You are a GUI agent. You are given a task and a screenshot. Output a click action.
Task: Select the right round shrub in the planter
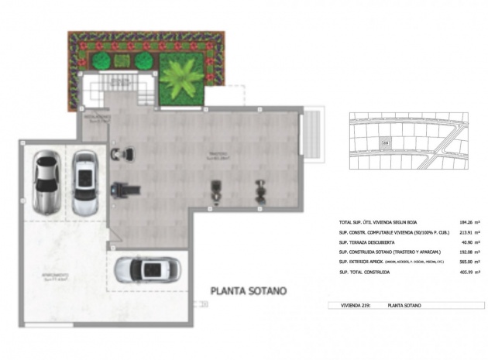tap(143, 61)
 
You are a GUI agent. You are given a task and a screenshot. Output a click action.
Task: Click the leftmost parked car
tap(46, 183)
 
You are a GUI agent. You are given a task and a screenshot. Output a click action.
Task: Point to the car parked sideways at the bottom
tap(148, 269)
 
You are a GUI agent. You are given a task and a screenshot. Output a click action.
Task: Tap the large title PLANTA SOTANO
tap(249, 291)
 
